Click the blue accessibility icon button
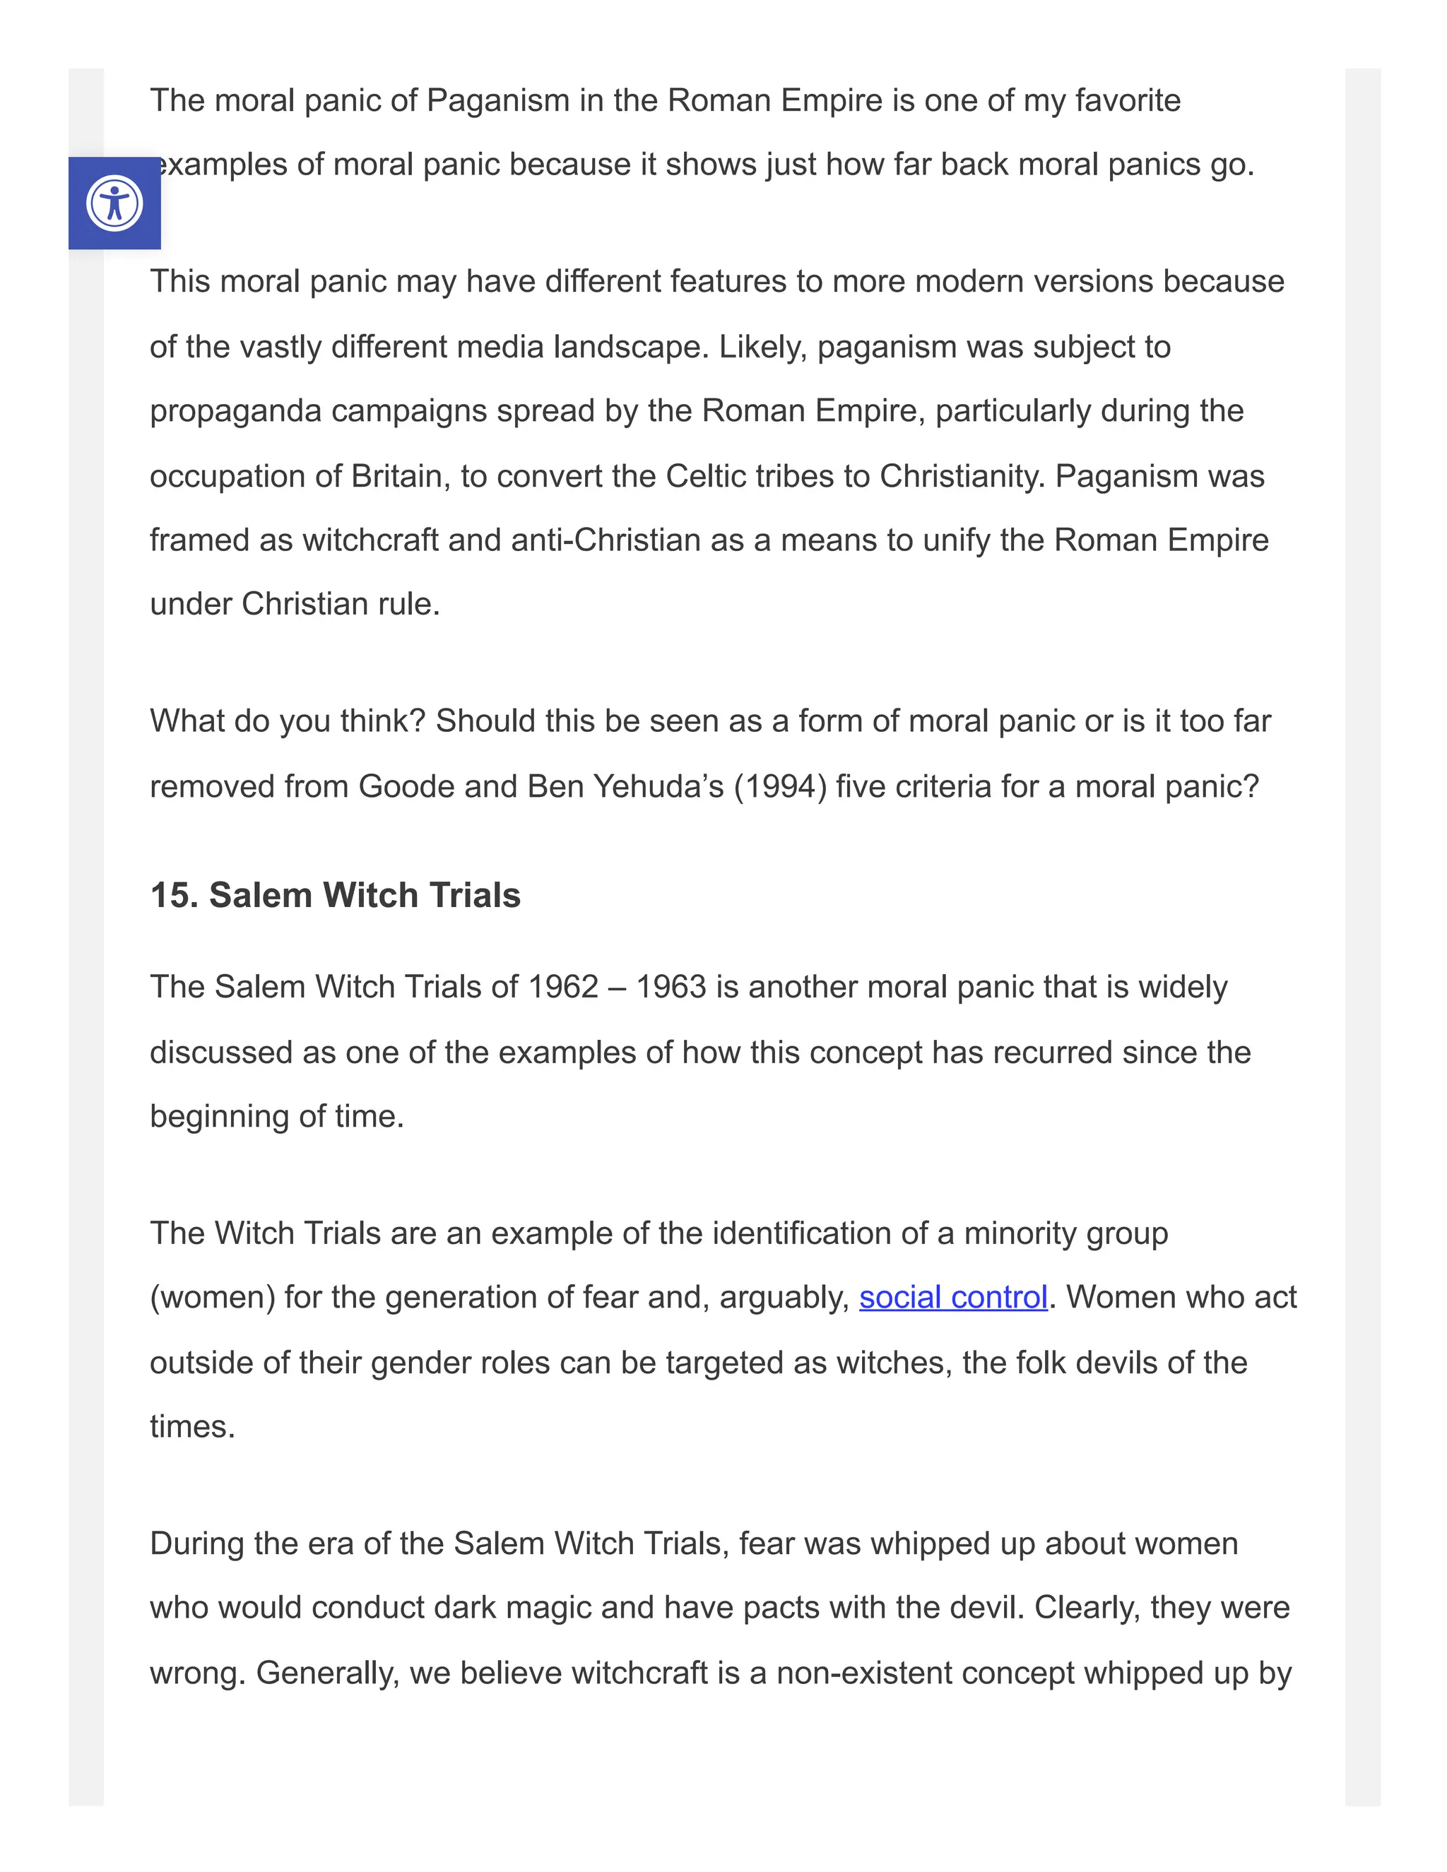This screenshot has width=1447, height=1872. (x=114, y=203)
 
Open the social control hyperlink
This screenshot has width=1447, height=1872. (x=952, y=1298)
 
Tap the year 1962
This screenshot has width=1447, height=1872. (x=562, y=988)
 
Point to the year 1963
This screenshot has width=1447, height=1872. (x=671, y=988)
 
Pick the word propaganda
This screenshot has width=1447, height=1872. (x=236, y=411)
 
